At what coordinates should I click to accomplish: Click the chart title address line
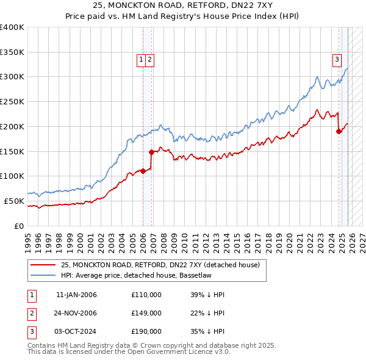[183, 5]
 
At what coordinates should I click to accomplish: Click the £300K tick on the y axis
[12, 77]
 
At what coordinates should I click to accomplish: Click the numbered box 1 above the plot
[141, 59]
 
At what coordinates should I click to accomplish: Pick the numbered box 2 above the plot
[149, 59]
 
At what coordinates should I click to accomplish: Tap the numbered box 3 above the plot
[337, 59]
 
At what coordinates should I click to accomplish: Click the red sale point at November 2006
[152, 152]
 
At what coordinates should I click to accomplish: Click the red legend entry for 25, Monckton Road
[160, 265]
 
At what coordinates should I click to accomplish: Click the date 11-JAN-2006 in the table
[76, 295]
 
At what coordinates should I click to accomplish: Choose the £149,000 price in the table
[146, 313]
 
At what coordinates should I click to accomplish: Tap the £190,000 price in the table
[146, 331]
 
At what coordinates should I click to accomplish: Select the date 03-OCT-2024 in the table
[76, 331]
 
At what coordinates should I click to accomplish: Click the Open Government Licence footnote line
[129, 352]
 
